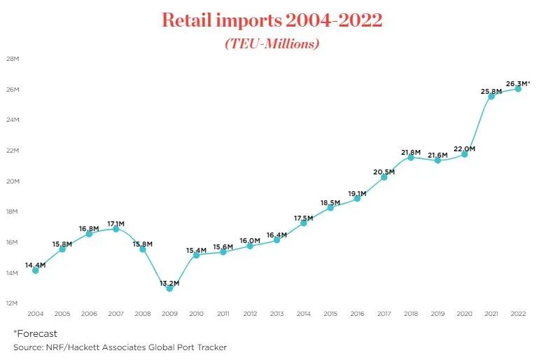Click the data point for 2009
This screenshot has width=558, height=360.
click(169, 289)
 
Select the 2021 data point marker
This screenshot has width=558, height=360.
click(491, 96)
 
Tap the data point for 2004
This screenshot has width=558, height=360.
click(35, 270)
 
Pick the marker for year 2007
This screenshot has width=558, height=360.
click(116, 229)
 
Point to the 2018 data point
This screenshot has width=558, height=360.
click(411, 158)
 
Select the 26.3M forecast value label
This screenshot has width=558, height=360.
click(517, 84)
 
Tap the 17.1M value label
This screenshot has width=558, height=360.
click(117, 224)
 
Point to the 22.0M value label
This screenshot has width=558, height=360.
click(465, 148)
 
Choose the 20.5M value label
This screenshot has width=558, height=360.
click(384, 172)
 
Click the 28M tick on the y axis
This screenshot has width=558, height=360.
click(13, 59)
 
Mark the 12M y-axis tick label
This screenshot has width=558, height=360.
click(13, 303)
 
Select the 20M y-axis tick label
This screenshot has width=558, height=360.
click(13, 181)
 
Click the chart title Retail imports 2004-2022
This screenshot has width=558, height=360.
click(272, 20)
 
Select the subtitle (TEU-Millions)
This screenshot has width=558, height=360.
click(272, 43)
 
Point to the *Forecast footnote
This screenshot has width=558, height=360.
click(35, 333)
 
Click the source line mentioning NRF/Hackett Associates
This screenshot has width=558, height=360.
click(120, 347)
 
